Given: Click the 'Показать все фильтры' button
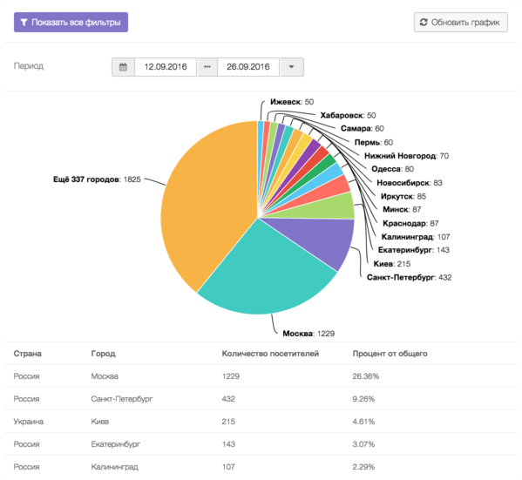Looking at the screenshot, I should [71, 23].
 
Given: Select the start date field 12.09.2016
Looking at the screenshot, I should [164, 67].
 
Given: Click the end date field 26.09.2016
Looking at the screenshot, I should [247, 67].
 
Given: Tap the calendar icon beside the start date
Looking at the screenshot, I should [123, 67].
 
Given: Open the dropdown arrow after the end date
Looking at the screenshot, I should [291, 67].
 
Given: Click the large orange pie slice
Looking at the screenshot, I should [205, 200].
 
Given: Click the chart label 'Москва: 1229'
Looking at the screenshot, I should [308, 334].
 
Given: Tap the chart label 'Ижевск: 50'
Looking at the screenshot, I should [292, 102].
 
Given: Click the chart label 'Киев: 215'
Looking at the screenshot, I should [391, 263].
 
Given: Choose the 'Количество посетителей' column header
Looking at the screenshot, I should [271, 355].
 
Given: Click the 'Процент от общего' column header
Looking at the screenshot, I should [390, 355].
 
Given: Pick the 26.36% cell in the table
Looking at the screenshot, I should [366, 376].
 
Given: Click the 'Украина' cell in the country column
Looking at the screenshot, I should [29, 422].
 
